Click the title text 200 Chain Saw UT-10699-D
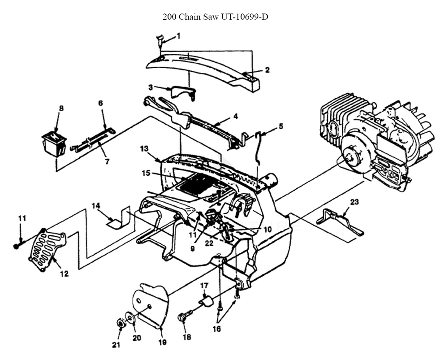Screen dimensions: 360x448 215,17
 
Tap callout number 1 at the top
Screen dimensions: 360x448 178,35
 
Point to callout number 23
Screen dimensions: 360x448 354,202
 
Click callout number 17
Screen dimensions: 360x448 204,285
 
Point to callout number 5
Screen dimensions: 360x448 280,126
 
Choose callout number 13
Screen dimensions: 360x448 144,148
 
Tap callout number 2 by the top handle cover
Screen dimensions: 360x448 267,70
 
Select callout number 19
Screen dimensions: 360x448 162,343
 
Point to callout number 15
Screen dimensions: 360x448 146,173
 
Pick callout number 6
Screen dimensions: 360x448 100,103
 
